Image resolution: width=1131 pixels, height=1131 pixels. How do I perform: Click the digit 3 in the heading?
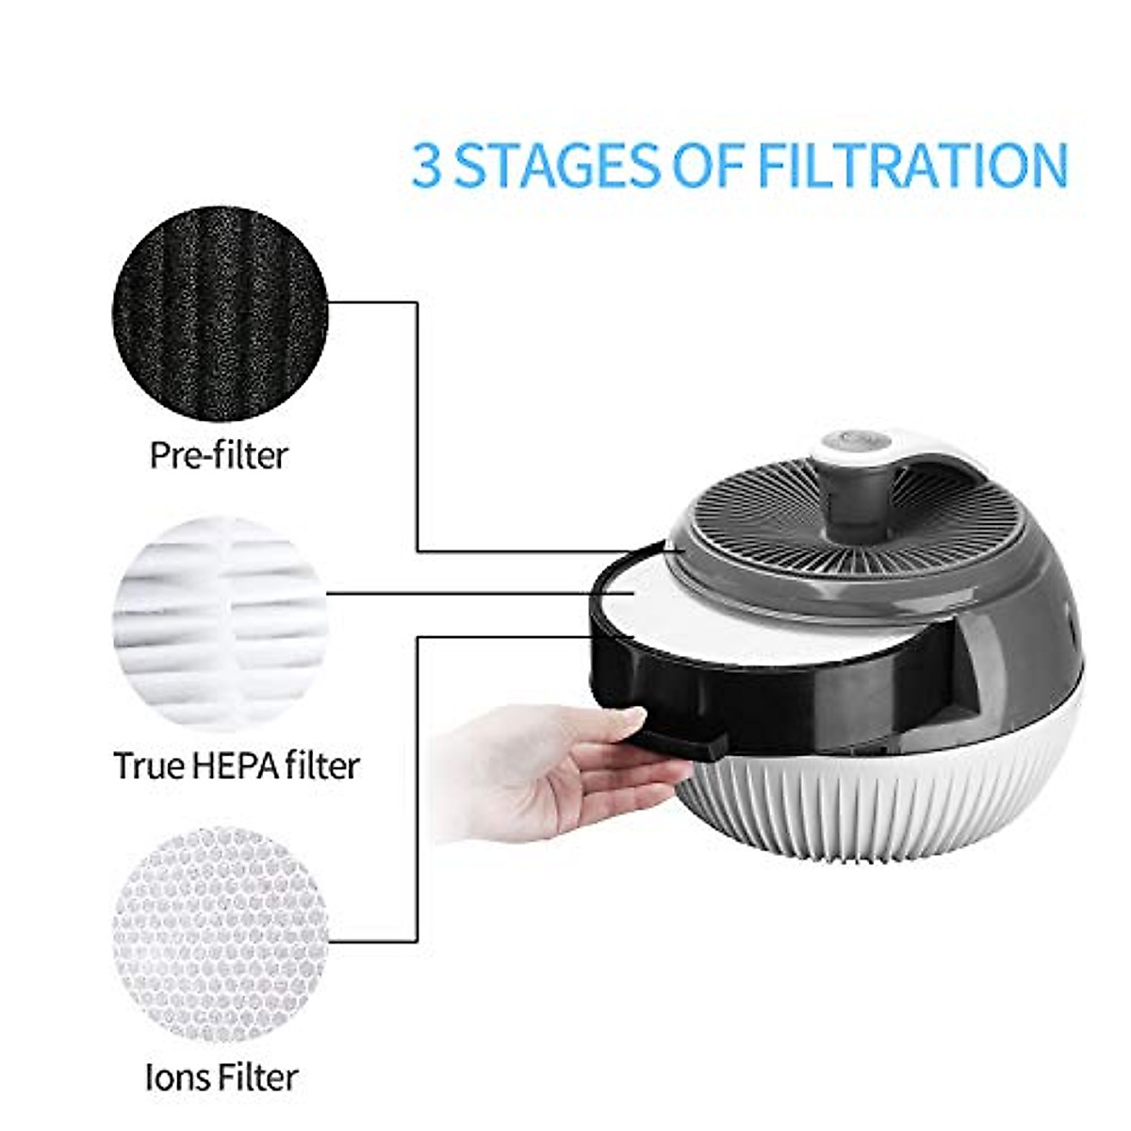click(x=427, y=166)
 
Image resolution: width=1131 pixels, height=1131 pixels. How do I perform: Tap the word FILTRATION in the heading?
click(x=912, y=166)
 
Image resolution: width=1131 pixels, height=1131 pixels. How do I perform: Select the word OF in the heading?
click(x=712, y=166)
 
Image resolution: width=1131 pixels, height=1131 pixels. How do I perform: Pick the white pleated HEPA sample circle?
click(x=219, y=621)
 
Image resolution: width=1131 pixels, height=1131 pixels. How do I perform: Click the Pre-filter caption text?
click(x=219, y=455)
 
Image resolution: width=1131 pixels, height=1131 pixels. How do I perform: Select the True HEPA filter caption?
click(x=236, y=765)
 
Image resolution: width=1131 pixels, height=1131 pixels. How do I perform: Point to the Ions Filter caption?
click(x=222, y=1077)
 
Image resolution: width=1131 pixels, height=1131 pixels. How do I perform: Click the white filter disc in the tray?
click(x=679, y=613)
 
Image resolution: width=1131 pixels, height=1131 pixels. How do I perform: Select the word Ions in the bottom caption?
click(x=176, y=1077)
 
